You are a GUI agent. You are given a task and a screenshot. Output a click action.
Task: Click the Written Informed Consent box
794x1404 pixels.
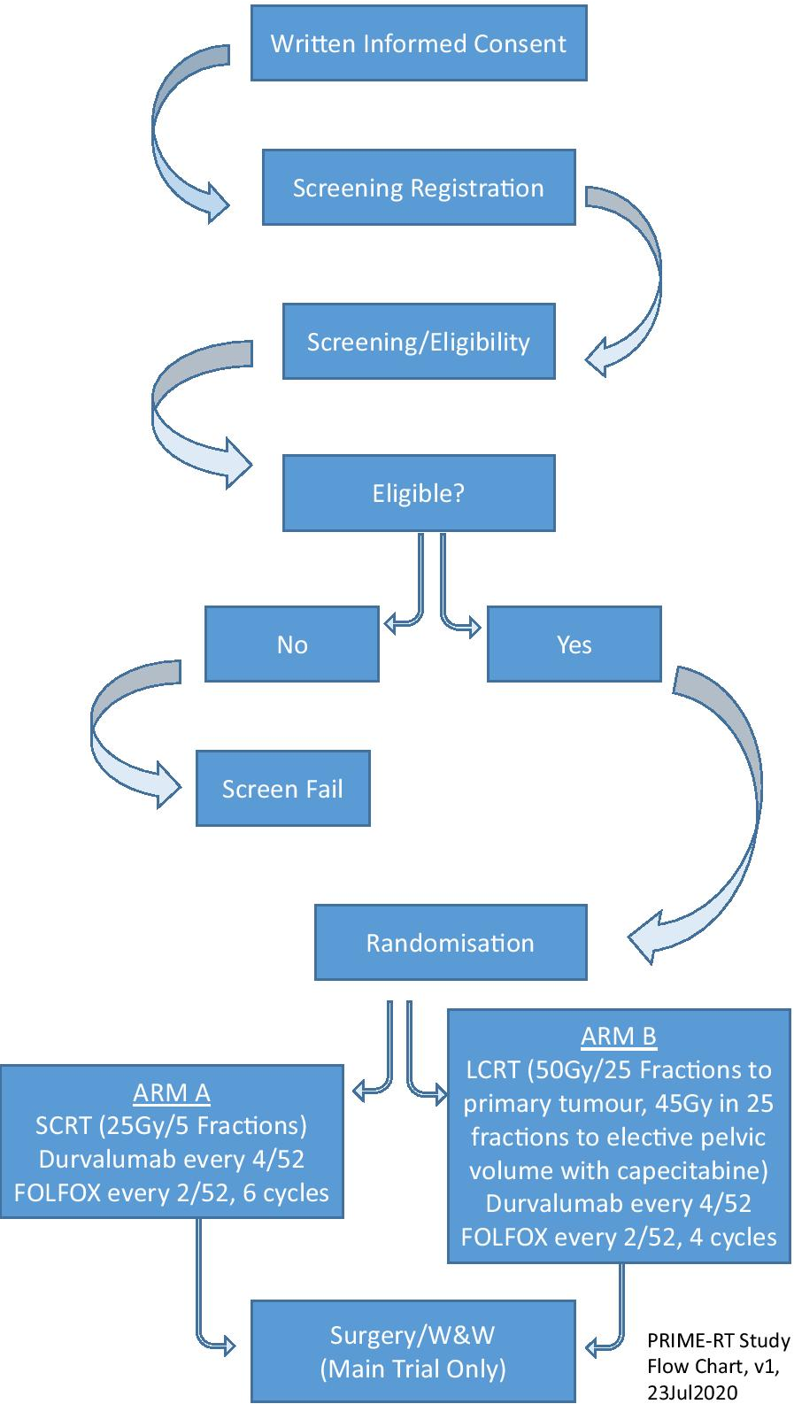coord(419,43)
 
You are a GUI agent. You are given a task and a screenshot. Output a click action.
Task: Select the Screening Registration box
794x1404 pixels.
coord(419,188)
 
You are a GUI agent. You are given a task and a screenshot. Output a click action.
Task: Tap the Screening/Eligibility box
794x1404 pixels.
coord(419,342)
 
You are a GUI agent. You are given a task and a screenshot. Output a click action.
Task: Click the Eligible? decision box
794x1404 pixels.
coord(419,493)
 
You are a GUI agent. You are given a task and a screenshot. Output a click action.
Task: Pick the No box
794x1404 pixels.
coord(292,644)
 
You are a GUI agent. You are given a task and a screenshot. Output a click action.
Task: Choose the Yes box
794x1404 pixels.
coord(574,644)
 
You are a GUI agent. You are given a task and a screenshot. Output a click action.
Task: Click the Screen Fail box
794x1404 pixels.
coord(282,789)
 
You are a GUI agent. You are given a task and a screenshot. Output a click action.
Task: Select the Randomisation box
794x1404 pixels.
coord(451,943)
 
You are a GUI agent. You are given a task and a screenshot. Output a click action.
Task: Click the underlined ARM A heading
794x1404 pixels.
coord(172,1093)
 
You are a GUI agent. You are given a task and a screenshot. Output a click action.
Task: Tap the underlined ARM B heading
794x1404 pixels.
coord(619,1037)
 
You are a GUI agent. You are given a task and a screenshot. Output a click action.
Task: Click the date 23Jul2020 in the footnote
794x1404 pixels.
coord(692,1392)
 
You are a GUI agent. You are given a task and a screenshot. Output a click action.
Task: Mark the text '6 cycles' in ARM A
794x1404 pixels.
coord(285,1192)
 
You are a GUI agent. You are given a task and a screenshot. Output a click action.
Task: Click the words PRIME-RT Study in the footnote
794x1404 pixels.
coord(718,1340)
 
